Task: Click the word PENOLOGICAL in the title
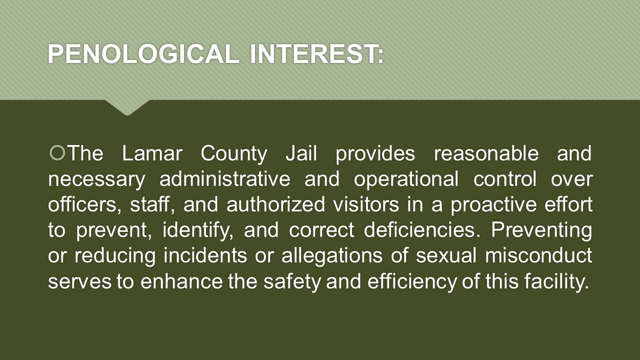[143, 54]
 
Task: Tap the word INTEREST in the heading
[313, 54]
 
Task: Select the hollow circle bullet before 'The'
[57, 153]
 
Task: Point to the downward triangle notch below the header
[127, 107]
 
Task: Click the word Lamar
[152, 153]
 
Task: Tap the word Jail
[301, 153]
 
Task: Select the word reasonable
[486, 153]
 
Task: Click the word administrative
[225, 179]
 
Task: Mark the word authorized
[275, 204]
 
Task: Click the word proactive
[493, 205]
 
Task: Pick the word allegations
[332, 257]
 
